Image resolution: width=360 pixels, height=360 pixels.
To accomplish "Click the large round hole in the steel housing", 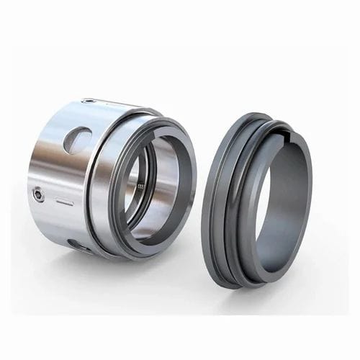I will tap(77, 139).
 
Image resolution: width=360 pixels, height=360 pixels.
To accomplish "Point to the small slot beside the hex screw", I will tap(65, 203).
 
